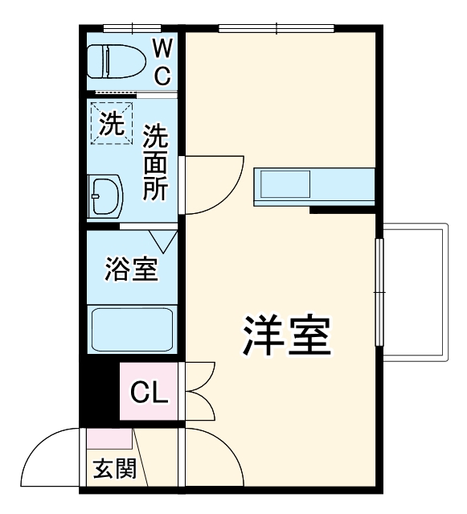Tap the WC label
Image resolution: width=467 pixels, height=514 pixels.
(x=162, y=62)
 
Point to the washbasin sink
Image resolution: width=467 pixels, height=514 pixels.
(x=105, y=195)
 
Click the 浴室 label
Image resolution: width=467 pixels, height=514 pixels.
(x=131, y=269)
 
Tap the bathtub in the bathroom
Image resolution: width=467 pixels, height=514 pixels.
(x=132, y=329)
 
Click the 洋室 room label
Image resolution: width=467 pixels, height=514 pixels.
(x=287, y=337)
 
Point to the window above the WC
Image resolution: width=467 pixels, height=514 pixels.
(x=128, y=28)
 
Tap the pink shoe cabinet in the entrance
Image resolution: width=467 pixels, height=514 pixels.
(x=109, y=438)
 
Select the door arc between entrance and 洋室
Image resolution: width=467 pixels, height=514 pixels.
(x=211, y=455)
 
